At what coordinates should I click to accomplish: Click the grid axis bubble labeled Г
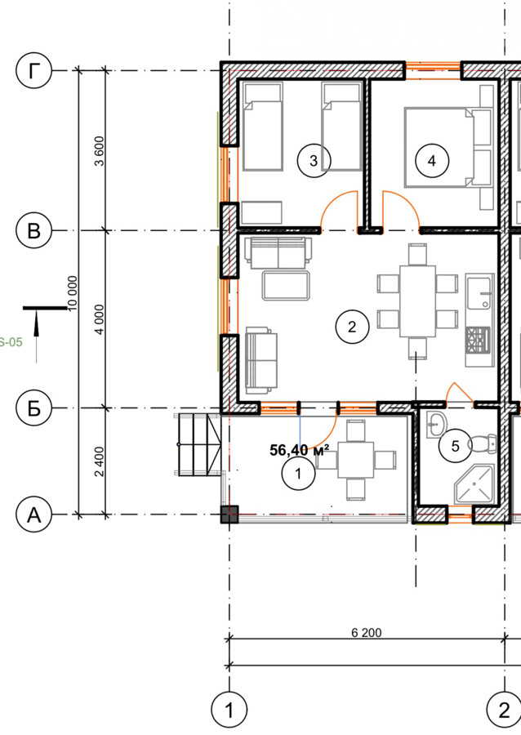click(x=33, y=71)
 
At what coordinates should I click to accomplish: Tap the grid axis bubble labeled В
click(x=33, y=230)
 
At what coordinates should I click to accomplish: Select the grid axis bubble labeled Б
click(x=33, y=408)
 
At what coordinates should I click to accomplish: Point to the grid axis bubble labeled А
click(x=33, y=514)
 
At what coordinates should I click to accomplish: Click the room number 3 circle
click(x=314, y=160)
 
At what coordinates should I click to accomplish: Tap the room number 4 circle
click(x=432, y=160)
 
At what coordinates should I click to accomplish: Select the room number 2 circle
click(x=352, y=327)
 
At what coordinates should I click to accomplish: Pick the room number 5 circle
click(x=456, y=446)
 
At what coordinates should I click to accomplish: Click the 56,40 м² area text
click(x=300, y=450)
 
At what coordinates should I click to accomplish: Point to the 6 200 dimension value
click(x=367, y=633)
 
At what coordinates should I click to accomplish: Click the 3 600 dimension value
click(x=100, y=150)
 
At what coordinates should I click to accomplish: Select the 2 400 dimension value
click(x=100, y=461)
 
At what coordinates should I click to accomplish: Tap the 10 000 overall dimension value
click(x=72, y=293)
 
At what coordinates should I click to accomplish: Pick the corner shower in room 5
click(x=474, y=484)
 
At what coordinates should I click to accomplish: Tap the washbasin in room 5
click(x=437, y=425)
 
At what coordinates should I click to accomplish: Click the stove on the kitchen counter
click(x=478, y=341)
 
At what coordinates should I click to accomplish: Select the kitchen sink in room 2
click(x=479, y=292)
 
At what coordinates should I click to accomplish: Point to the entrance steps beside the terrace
click(x=198, y=444)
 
